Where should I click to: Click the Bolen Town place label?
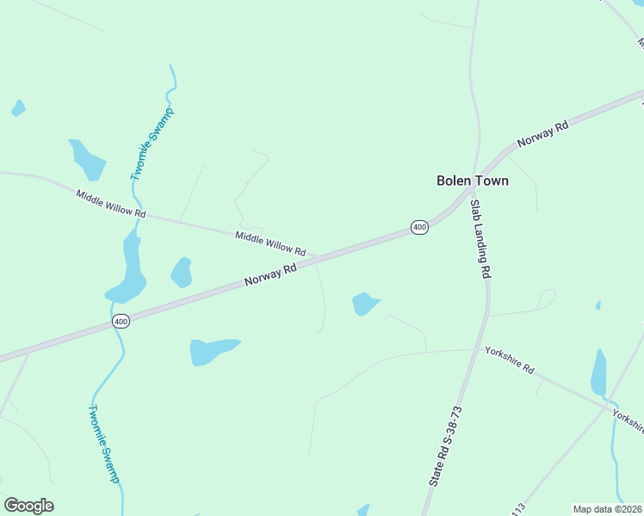[472, 181]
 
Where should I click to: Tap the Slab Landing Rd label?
[480, 238]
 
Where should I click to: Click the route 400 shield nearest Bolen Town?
[419, 227]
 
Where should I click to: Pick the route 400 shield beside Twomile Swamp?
[121, 321]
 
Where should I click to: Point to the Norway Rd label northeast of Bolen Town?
[542, 134]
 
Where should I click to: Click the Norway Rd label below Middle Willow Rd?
[270, 275]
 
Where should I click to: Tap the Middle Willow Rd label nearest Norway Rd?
[270, 244]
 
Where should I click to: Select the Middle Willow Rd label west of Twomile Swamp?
[111, 204]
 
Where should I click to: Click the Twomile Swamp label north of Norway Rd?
[152, 144]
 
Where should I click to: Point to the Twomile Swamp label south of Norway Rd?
[103, 444]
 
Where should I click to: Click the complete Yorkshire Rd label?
[509, 360]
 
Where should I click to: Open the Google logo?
[28, 506]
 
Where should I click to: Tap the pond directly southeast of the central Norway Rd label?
[364, 303]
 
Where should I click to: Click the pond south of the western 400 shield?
[210, 350]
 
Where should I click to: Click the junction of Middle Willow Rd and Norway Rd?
[317, 257]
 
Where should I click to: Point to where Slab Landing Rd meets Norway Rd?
[473, 191]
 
